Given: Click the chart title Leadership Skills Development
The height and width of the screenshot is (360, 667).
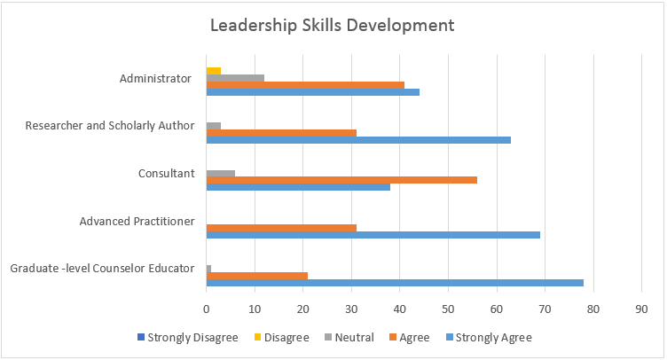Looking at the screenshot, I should click(x=332, y=25).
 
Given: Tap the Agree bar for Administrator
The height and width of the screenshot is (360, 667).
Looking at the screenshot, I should click(x=305, y=85).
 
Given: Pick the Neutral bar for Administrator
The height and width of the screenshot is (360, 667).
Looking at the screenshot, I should click(x=235, y=77).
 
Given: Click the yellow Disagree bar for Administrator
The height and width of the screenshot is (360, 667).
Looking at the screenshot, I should click(x=213, y=69).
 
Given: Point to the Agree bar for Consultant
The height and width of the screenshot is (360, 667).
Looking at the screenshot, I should click(x=341, y=180).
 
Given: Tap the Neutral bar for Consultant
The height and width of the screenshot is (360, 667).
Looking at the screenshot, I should click(x=220, y=172).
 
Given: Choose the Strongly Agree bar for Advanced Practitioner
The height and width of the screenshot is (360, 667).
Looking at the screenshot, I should click(x=373, y=235).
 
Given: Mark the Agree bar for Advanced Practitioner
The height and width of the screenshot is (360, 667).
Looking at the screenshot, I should click(x=281, y=228).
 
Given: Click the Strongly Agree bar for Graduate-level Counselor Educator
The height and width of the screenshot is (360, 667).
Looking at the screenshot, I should click(x=395, y=283).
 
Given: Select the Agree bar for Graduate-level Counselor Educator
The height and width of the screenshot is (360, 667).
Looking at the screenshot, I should click(x=256, y=276).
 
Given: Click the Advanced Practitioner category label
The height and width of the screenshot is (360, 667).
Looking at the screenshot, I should click(x=137, y=221).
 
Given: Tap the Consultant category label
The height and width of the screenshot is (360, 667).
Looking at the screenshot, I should click(x=166, y=173).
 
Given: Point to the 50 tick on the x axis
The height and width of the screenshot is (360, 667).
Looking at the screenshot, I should click(x=448, y=309).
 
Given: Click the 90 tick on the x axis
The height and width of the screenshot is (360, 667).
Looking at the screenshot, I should click(x=641, y=309).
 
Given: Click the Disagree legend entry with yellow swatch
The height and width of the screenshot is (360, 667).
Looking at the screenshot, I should click(x=286, y=337).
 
